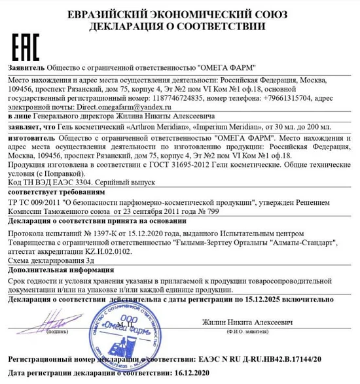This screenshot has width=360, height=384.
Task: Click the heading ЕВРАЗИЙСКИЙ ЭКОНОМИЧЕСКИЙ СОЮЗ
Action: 179,14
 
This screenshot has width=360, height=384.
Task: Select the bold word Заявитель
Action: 26,67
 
